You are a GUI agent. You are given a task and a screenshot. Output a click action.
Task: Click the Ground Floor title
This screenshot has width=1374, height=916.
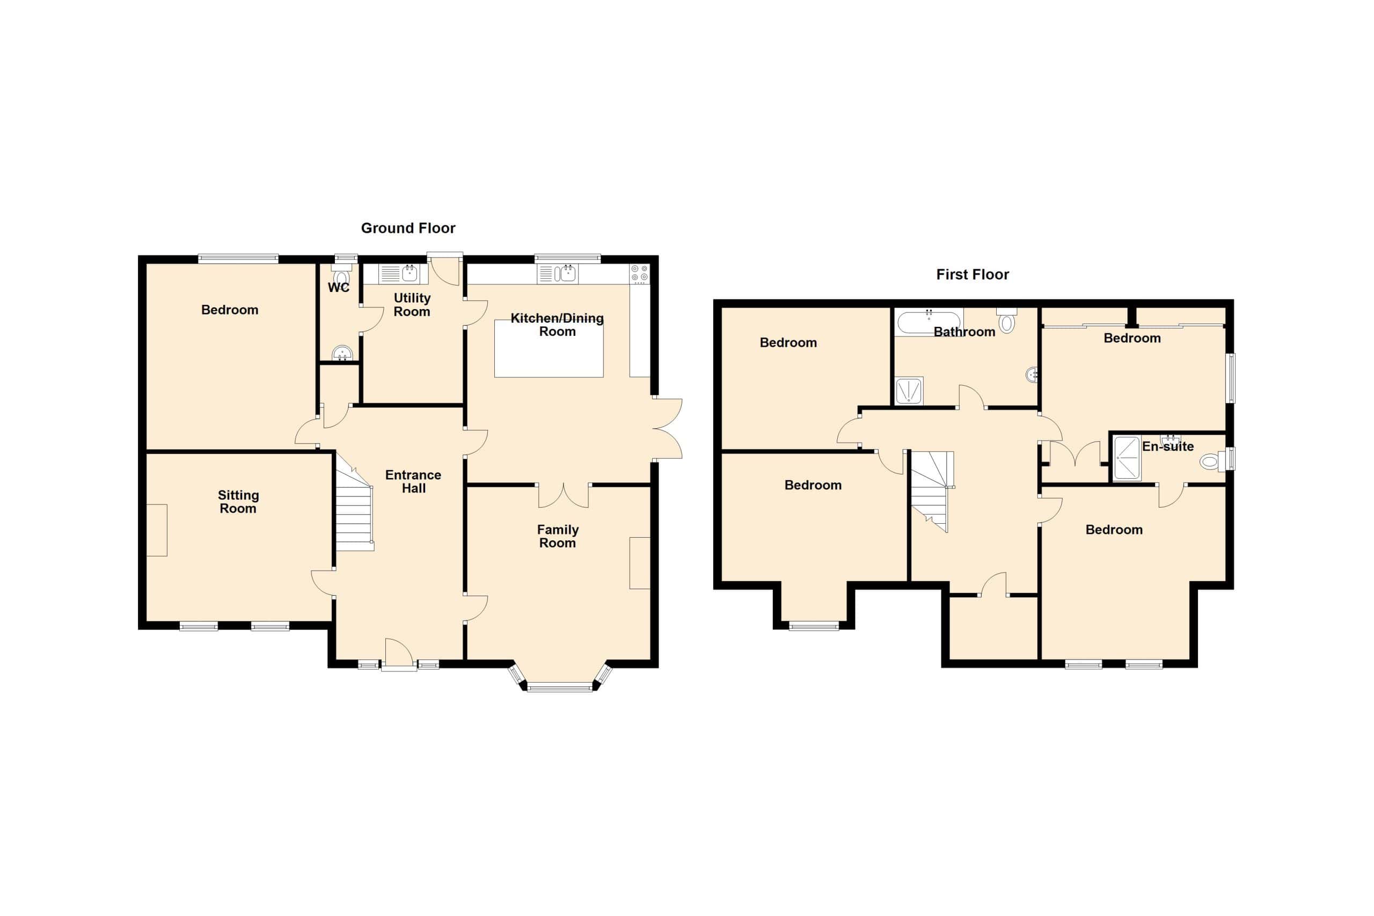(x=408, y=228)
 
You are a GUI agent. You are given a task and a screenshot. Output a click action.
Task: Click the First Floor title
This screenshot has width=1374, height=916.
(x=972, y=274)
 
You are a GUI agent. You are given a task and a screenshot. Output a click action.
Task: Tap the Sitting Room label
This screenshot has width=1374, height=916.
(x=238, y=502)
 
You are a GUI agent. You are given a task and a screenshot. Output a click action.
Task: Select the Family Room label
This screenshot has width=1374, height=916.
(x=558, y=536)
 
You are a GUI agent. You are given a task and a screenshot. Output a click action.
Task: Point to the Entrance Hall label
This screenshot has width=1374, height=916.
(x=413, y=481)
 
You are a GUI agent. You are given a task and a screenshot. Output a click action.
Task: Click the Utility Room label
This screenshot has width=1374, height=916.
(x=412, y=304)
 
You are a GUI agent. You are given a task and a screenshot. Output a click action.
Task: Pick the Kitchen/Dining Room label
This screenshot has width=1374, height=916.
(x=557, y=325)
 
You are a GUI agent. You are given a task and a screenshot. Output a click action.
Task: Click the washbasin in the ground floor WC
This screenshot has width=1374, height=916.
(x=342, y=353)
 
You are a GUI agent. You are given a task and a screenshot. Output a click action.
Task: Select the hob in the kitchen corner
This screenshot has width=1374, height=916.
(x=640, y=274)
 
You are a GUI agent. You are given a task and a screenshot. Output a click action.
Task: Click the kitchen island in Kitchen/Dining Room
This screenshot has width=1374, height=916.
(x=549, y=349)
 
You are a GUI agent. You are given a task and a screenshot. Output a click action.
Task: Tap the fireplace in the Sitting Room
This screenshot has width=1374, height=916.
(x=157, y=530)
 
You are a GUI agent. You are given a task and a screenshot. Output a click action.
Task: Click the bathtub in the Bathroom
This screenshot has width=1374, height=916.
(x=929, y=321)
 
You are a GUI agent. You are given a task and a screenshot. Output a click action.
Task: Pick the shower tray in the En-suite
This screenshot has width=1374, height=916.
(x=1127, y=458)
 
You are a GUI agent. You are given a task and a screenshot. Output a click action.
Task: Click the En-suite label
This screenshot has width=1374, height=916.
(x=1168, y=446)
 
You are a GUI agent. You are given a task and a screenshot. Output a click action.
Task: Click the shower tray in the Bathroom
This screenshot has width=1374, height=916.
(x=909, y=390)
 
